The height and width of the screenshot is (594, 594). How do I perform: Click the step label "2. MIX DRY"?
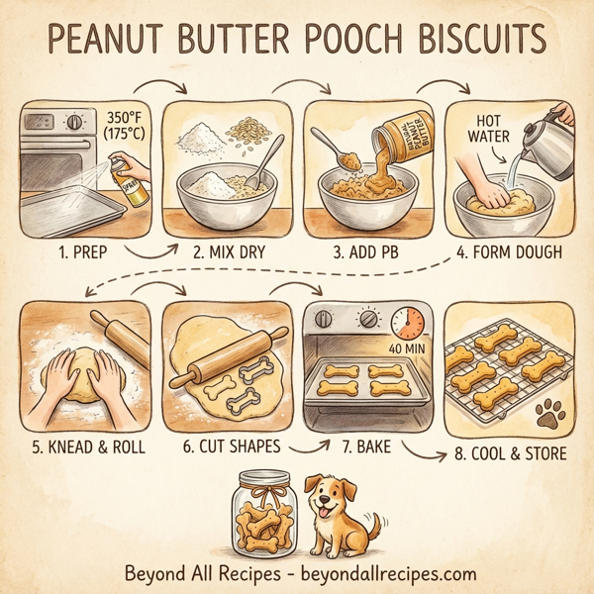click(225, 251)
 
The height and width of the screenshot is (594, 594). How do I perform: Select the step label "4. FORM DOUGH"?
click(508, 251)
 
